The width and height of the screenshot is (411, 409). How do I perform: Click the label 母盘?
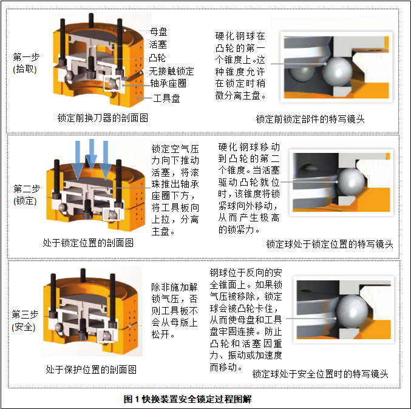[x=159, y=32]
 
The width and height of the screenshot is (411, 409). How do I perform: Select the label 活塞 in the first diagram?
[x=159, y=45]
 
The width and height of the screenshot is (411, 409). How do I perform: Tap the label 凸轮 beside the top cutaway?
[x=159, y=58]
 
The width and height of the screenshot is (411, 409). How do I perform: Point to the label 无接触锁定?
[x=172, y=71]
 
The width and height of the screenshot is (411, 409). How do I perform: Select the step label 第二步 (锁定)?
[x=27, y=194]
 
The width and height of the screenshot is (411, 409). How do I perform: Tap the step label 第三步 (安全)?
[x=27, y=321]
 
